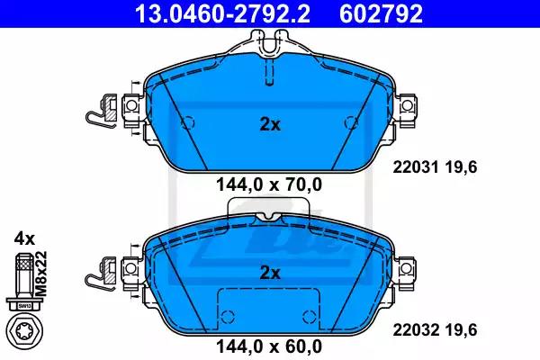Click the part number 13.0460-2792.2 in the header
(x=222, y=13)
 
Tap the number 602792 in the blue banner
(x=381, y=13)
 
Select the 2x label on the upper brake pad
(x=270, y=125)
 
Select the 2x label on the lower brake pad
(x=270, y=274)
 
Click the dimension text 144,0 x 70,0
(x=269, y=184)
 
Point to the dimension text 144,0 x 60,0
(x=269, y=346)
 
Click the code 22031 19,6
(x=435, y=167)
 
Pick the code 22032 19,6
(x=435, y=330)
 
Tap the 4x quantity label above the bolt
(x=24, y=238)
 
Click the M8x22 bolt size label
(x=41, y=274)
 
